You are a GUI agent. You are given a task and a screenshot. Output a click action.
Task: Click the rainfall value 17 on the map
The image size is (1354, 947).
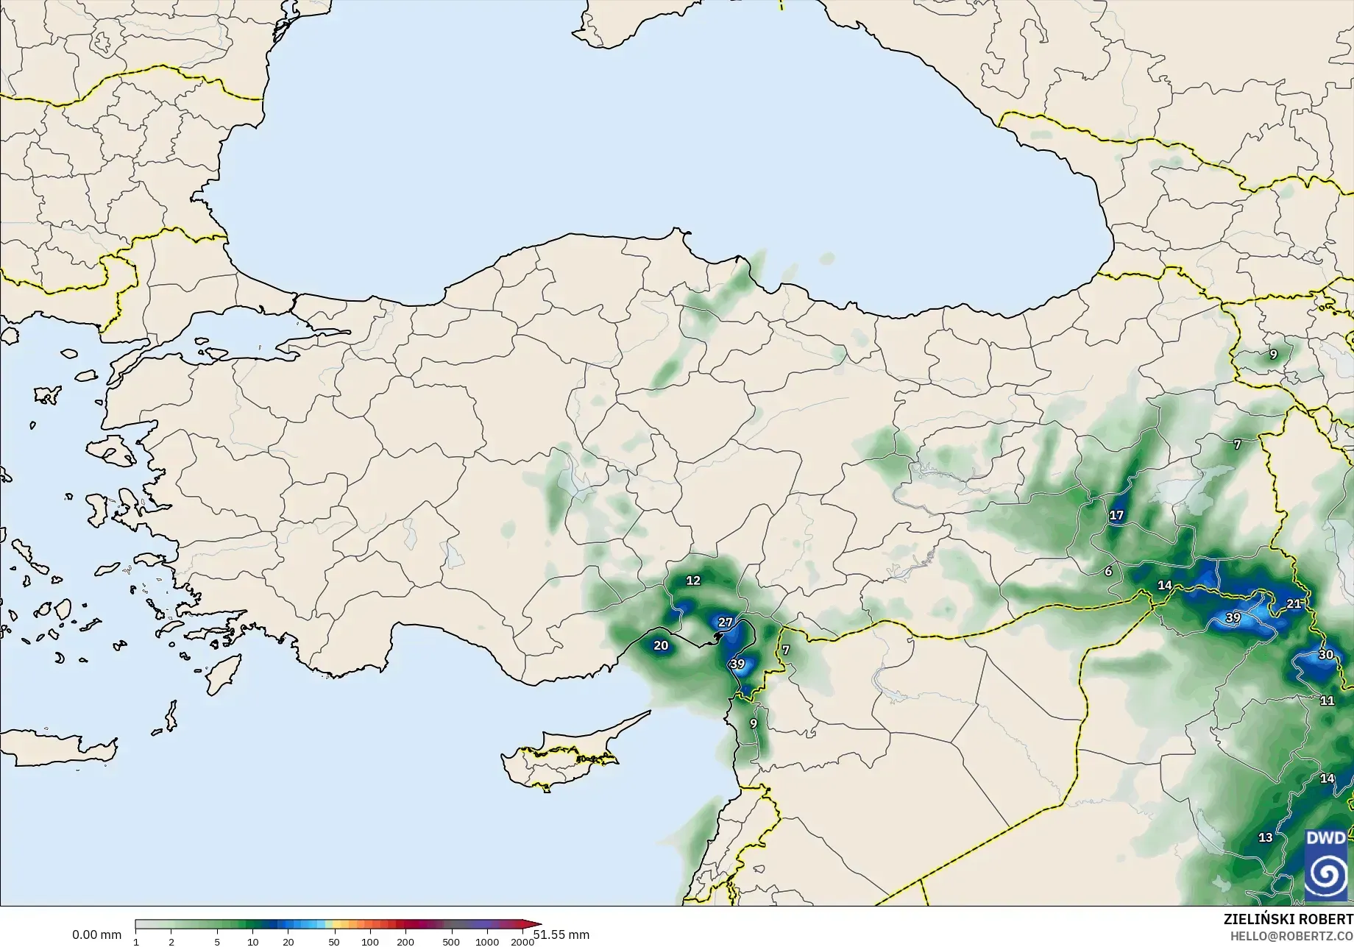pos(1116,515)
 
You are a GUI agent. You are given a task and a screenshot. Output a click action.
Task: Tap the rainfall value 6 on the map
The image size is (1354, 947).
pos(1108,571)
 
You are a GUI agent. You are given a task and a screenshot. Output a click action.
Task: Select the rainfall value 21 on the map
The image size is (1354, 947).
pos(1294,603)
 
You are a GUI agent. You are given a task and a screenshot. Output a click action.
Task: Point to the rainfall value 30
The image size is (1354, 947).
pos(1325,654)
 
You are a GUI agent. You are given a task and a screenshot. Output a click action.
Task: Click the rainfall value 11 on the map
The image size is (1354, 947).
pos(1327,700)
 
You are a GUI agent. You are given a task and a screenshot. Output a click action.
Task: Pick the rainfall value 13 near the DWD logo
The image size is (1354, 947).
pos(1265,837)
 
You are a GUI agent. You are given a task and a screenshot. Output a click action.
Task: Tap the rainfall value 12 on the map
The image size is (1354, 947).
pos(693,580)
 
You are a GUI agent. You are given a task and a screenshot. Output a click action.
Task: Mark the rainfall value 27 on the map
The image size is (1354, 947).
pos(726,622)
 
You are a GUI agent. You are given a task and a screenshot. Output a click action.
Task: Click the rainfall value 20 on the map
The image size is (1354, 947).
pos(661,645)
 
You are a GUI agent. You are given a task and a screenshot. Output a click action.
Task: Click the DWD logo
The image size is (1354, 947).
pos(1325,864)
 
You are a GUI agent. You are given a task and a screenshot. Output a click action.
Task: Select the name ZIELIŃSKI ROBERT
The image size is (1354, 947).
pos(1288,919)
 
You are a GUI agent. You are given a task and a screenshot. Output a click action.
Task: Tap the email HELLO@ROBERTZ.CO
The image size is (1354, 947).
pos(1291,936)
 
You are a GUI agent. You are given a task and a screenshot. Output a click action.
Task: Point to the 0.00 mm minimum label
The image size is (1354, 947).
pos(96,934)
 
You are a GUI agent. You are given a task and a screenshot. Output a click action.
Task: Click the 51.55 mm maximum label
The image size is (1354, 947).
pos(561,934)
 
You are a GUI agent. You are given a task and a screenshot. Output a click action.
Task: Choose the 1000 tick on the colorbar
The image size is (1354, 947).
pos(487,942)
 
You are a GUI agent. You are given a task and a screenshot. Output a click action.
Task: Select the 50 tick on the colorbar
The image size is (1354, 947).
pos(333,942)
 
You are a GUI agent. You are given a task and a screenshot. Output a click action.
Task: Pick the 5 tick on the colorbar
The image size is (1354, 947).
pos(217,942)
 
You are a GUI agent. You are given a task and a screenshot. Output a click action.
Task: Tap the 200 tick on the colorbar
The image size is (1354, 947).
pos(405,942)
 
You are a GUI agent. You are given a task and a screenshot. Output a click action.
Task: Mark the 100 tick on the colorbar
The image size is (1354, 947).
pos(370,942)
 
